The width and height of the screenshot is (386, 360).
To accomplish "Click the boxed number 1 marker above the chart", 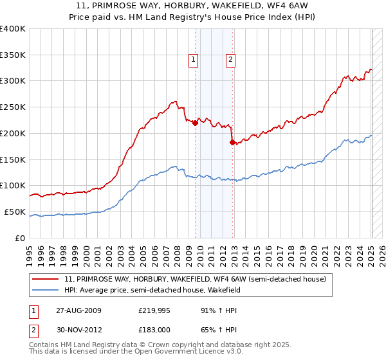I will tap(193, 60).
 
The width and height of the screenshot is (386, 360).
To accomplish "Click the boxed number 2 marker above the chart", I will tap(230, 60).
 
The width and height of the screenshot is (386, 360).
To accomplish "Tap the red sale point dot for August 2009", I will tap(196, 123).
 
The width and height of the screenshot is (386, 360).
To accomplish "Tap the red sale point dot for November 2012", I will tap(233, 142).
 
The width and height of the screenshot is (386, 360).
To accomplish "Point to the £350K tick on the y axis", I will tap(14, 55).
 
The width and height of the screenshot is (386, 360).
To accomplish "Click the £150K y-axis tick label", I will tap(14, 160).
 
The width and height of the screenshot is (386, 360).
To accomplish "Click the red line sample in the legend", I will tap(46, 280).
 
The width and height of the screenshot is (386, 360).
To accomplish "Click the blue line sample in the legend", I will tap(46, 290).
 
